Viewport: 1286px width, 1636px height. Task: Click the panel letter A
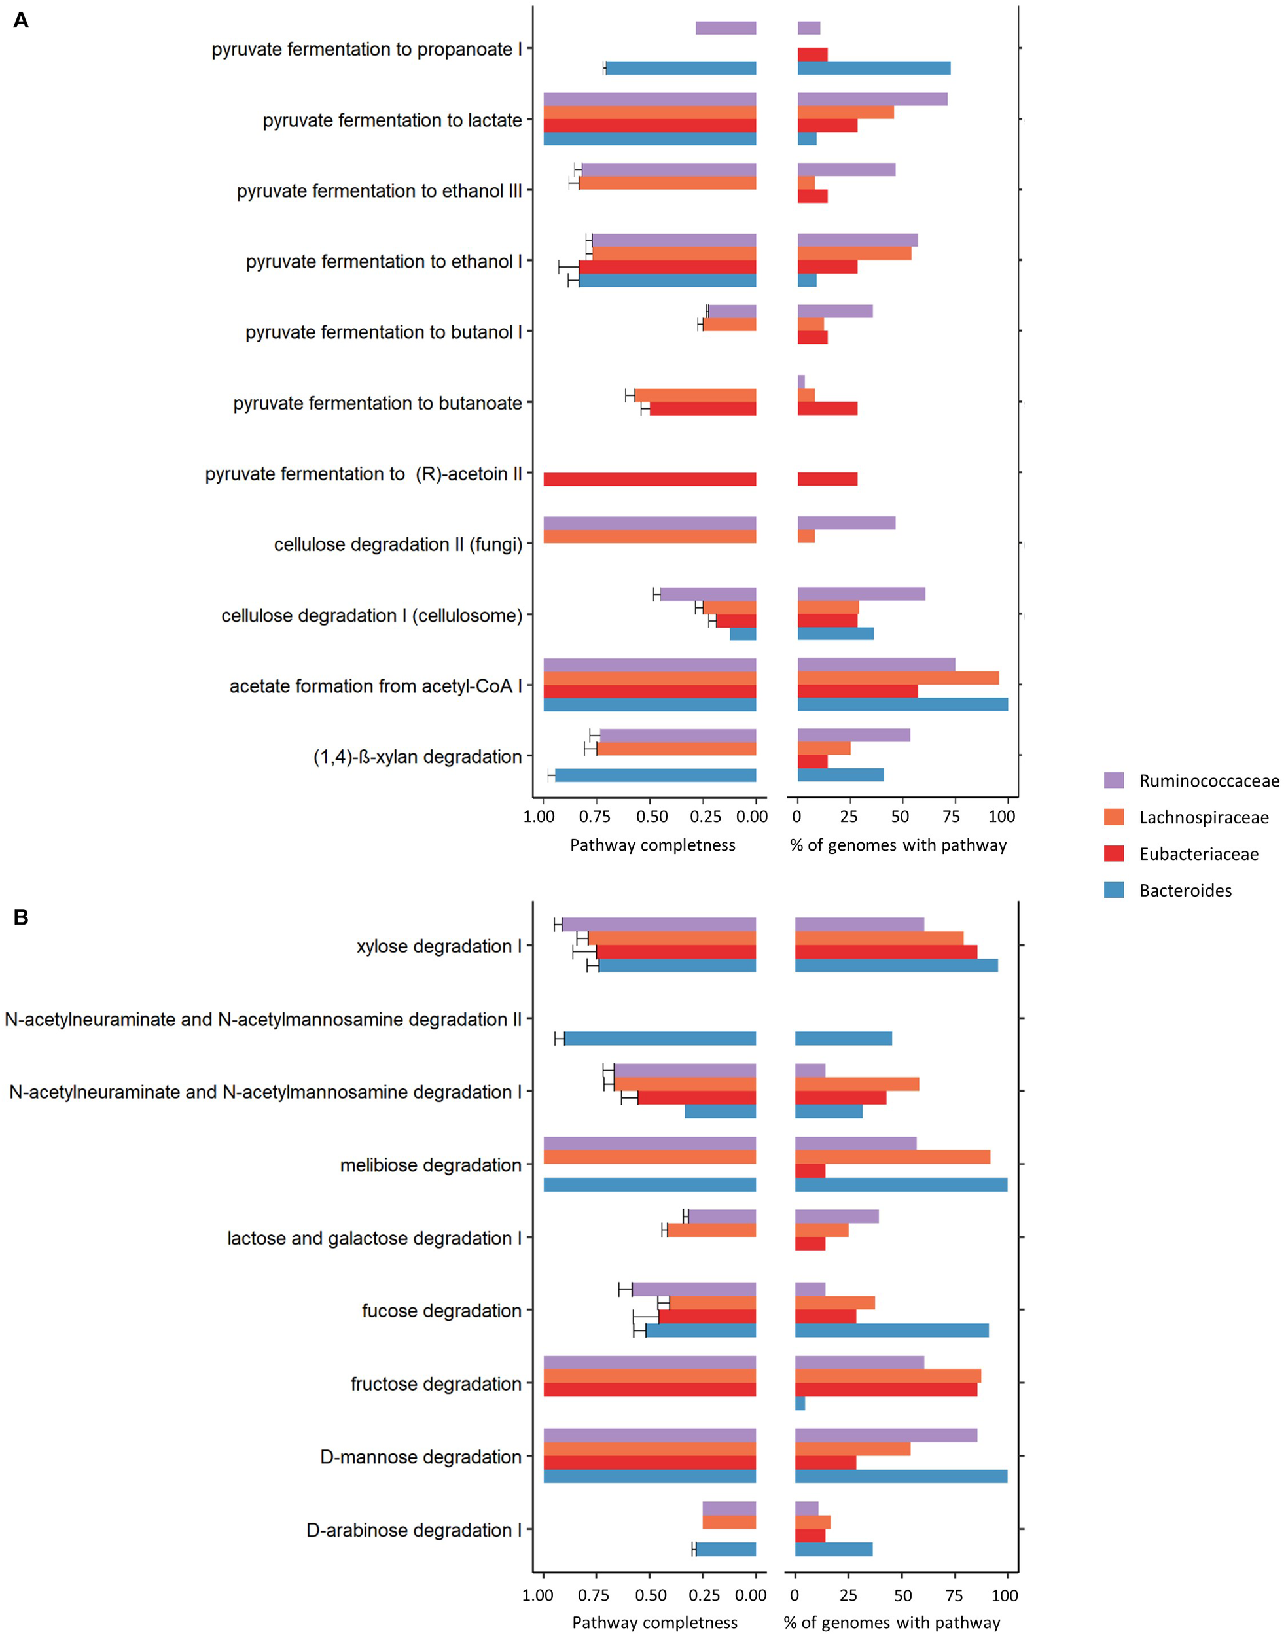tap(21, 20)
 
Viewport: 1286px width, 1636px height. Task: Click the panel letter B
tap(21, 917)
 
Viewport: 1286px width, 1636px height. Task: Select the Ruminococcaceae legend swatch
tap(1114, 780)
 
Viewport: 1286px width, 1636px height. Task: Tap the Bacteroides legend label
tap(1185, 891)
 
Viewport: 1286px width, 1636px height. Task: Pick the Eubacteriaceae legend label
tap(1199, 854)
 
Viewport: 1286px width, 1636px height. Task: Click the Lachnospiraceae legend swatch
tap(1114, 817)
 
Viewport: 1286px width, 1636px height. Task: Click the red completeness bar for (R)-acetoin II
tap(649, 480)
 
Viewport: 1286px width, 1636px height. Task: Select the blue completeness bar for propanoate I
tap(681, 69)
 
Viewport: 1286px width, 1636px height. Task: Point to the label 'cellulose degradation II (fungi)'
tap(397, 544)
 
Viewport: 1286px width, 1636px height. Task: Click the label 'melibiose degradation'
tap(431, 1165)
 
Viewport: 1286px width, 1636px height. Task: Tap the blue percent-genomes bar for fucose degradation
tap(891, 1330)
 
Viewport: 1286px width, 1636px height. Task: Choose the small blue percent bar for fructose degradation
tap(800, 1404)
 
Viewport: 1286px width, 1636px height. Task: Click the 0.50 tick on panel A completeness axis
tap(651, 817)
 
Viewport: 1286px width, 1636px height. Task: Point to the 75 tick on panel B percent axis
tap(954, 1595)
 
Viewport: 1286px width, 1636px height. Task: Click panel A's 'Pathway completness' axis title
tap(652, 845)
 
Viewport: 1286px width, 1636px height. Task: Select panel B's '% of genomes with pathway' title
tap(891, 1622)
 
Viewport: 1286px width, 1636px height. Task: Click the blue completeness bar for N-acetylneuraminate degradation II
tap(660, 1039)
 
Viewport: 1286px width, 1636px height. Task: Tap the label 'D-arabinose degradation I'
tap(414, 1531)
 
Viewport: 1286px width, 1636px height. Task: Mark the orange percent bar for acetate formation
tap(897, 677)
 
